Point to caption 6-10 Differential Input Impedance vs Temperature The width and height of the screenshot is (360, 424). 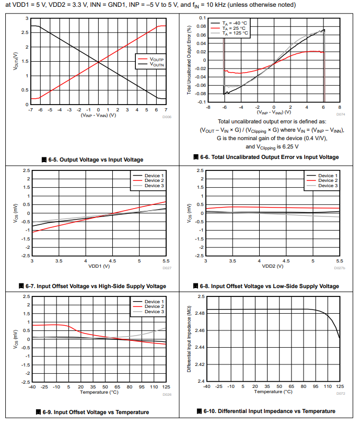[269, 411]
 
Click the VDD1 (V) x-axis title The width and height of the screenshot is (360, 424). [99, 266]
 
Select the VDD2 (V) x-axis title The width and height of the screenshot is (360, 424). [273, 266]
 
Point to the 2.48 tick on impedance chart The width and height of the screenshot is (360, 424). [200, 313]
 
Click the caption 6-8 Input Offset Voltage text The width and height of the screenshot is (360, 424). [270, 286]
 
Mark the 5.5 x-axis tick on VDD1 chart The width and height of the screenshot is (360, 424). [166, 260]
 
